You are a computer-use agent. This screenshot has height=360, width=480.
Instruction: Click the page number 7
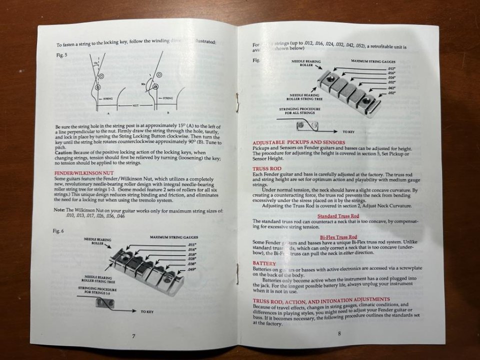point(133,336)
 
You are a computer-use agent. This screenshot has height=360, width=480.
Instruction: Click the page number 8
point(339,334)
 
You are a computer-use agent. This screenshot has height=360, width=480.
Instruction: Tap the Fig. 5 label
point(62,55)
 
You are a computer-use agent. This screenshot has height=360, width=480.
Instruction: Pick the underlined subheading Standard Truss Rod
point(338,215)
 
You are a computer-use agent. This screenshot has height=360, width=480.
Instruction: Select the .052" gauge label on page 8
point(391,93)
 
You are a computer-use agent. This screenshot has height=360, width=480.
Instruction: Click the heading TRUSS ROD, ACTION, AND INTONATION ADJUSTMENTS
point(321,299)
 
